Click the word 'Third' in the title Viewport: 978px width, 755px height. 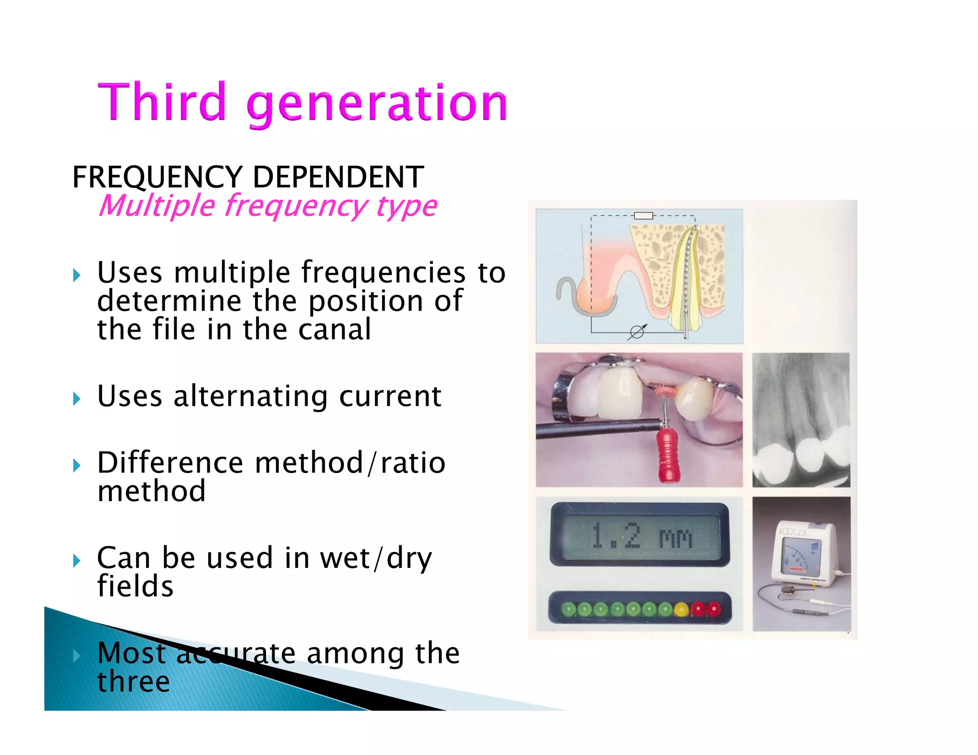point(161,102)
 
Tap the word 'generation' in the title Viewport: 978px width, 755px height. point(377,104)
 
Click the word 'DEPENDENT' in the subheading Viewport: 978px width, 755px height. point(338,177)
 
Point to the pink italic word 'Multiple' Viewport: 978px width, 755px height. point(157,206)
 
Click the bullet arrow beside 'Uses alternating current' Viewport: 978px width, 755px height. point(77,398)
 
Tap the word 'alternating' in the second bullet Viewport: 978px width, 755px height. point(251,397)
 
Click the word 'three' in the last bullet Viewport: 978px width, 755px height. point(134,681)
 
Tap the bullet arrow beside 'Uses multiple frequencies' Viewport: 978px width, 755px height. point(77,275)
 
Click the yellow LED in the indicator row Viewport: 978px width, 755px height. point(681,609)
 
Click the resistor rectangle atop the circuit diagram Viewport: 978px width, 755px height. point(643,216)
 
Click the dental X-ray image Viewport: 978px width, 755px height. point(801,420)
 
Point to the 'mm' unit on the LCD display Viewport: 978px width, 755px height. point(675,538)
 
